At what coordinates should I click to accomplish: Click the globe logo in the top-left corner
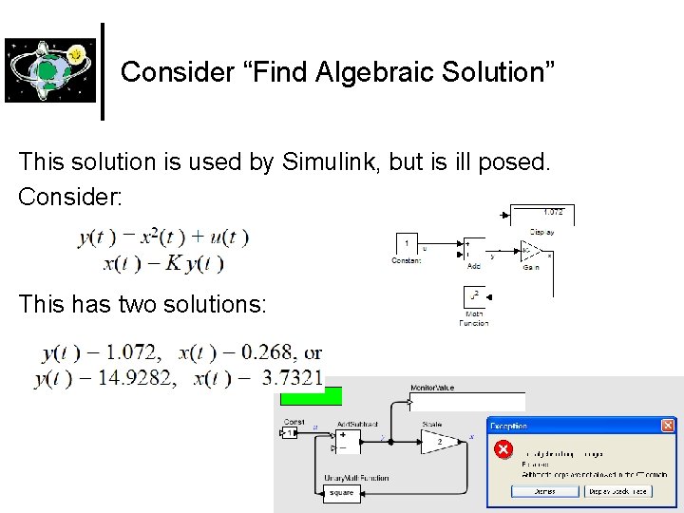tap(49, 69)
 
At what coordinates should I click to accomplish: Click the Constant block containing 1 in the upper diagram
tap(407, 246)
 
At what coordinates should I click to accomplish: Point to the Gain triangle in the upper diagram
tap(530, 251)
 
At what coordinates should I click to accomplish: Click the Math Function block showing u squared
tap(473, 298)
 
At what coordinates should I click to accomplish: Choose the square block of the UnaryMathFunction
tap(341, 492)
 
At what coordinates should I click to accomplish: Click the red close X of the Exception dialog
tap(668, 426)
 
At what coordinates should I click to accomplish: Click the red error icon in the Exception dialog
tap(503, 449)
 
